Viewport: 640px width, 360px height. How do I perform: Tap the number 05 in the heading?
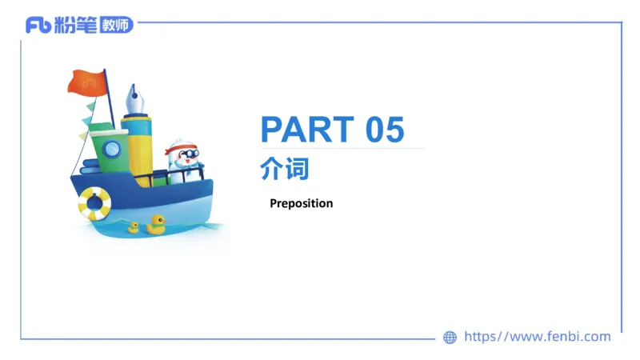(386, 130)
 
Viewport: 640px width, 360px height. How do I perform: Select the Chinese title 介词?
(284, 169)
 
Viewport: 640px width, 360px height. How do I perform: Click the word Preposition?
(301, 203)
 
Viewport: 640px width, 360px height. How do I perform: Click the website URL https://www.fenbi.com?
(537, 337)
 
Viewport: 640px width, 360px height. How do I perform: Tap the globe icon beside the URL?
(450, 338)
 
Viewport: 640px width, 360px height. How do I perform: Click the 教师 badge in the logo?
(115, 25)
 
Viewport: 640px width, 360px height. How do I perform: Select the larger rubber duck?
(155, 224)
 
